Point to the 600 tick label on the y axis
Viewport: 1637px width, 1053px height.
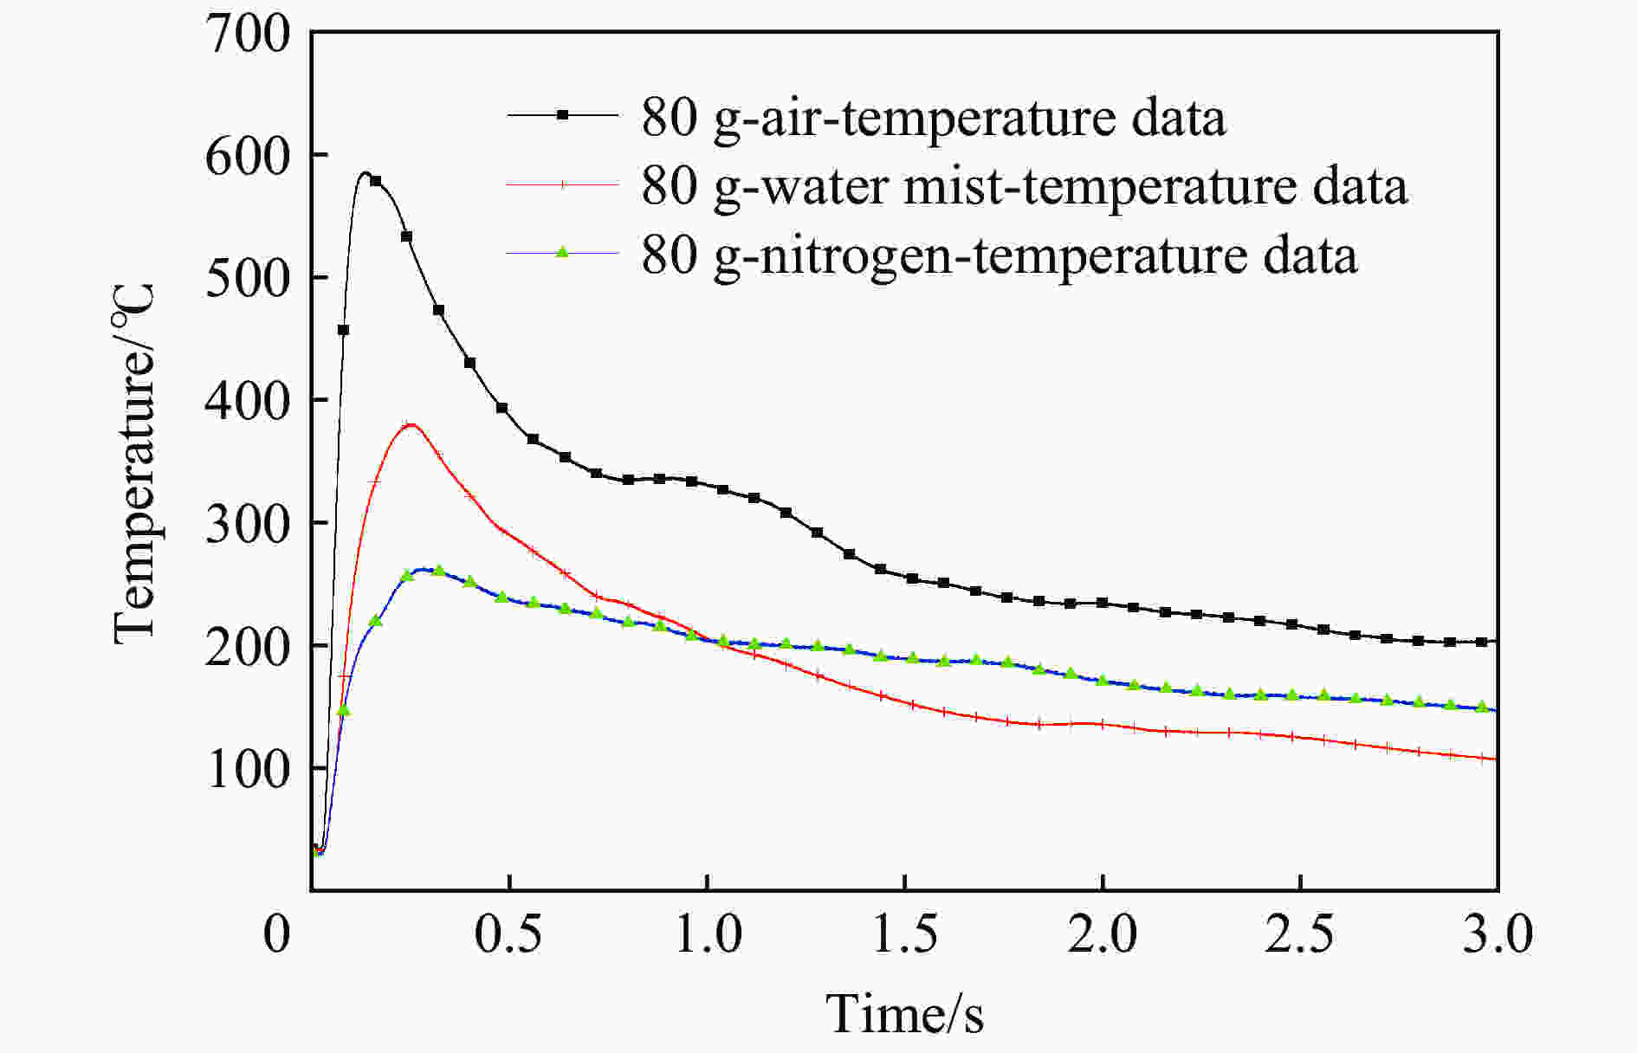click(248, 158)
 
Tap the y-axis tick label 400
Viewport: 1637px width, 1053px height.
click(248, 403)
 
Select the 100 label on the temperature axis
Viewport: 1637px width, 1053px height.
click(248, 770)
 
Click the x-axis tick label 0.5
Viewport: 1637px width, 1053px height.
click(509, 934)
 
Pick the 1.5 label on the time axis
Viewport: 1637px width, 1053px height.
click(904, 934)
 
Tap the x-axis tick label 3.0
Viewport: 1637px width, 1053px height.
click(1497, 934)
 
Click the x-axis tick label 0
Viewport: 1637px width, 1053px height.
click(277, 934)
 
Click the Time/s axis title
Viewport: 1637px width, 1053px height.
click(904, 1013)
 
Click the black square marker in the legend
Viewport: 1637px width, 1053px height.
click(563, 115)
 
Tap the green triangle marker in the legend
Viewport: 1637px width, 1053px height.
click(563, 252)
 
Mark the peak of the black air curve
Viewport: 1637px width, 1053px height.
click(366, 173)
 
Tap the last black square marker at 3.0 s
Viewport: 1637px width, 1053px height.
click(1482, 642)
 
